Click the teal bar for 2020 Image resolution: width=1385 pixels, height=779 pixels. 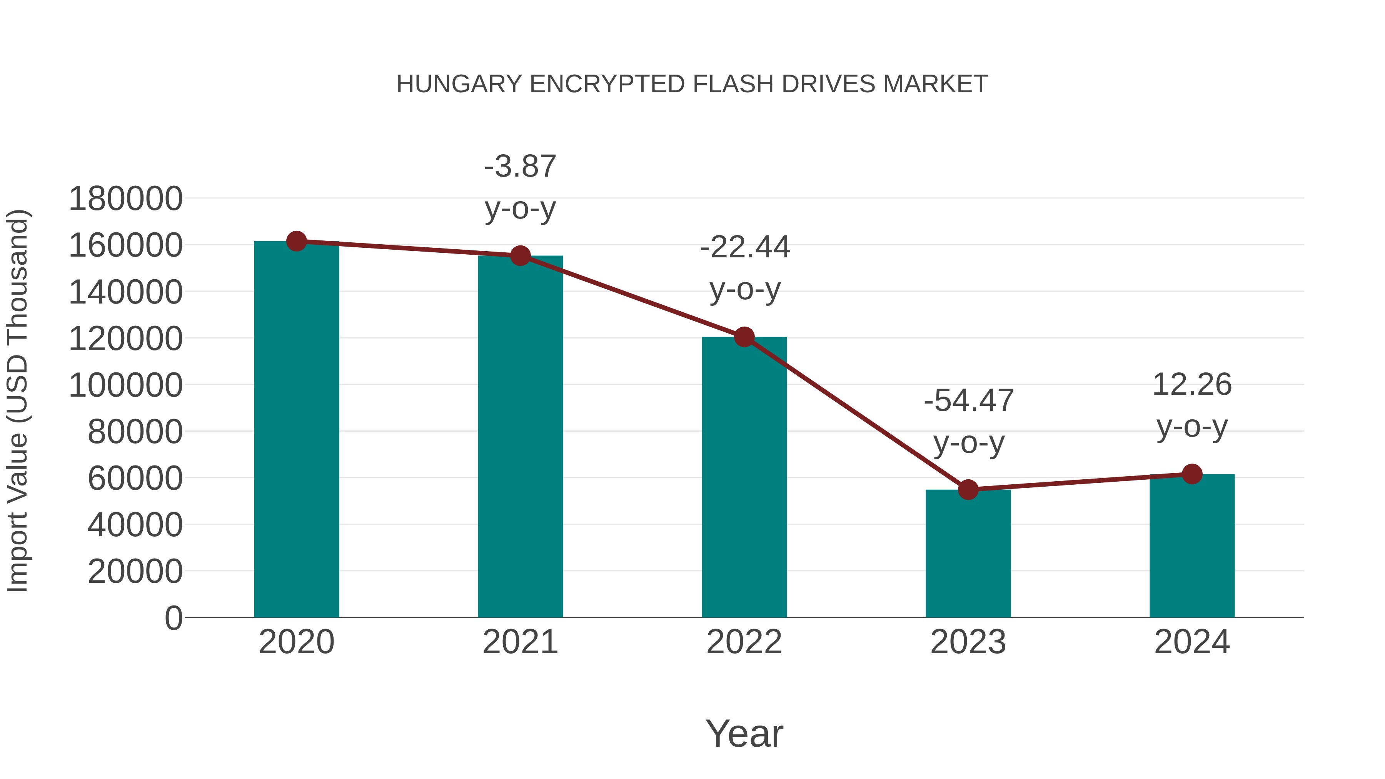(296, 430)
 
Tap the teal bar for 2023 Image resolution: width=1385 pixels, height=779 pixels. (968, 554)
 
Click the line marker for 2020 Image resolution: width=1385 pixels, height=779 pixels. (296, 241)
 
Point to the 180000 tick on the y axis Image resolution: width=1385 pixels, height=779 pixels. (126, 199)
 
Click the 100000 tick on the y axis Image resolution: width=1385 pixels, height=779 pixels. (126, 385)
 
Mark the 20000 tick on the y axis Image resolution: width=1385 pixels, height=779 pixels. (135, 572)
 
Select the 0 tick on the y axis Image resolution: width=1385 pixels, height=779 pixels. (174, 618)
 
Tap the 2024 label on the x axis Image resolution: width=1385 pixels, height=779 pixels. (1192, 642)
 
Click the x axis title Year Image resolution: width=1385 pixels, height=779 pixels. (744, 734)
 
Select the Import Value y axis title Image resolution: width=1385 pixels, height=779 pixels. (17, 400)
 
